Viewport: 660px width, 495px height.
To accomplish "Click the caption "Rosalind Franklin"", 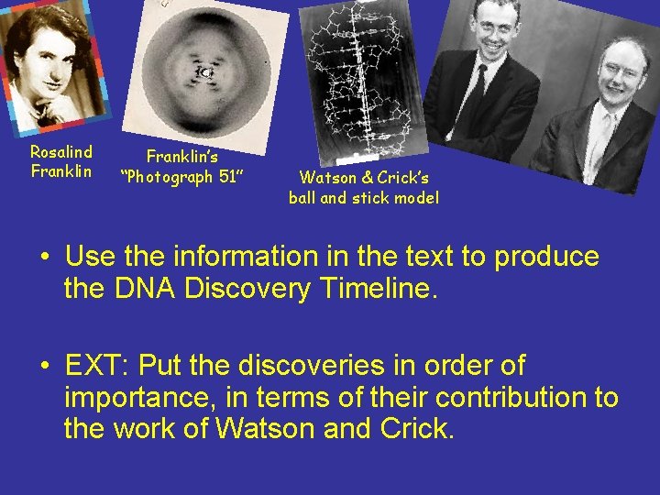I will [x=61, y=161].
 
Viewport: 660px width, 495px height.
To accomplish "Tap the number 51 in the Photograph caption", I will [x=229, y=177].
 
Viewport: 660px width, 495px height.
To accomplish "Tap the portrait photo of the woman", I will [x=50, y=69].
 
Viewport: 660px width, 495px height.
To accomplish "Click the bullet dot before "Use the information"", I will [x=45, y=258].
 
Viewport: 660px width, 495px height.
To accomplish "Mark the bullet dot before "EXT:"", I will [x=45, y=367].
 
